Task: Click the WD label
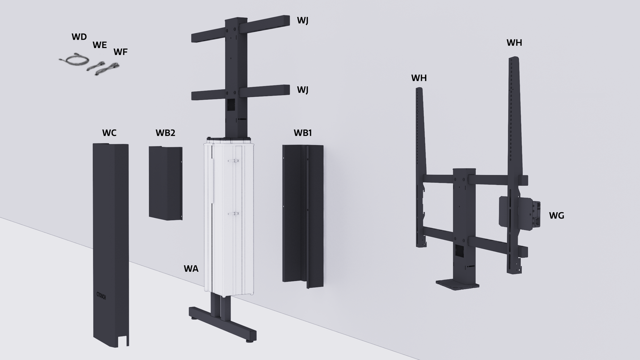pos(79,37)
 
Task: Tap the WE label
pos(100,45)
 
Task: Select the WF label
pos(120,52)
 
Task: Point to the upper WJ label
pos(302,20)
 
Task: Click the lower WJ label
pos(302,90)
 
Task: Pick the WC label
pos(109,133)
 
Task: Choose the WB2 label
pos(165,133)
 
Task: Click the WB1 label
pos(303,133)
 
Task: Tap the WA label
pos(191,269)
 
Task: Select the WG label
pos(556,216)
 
